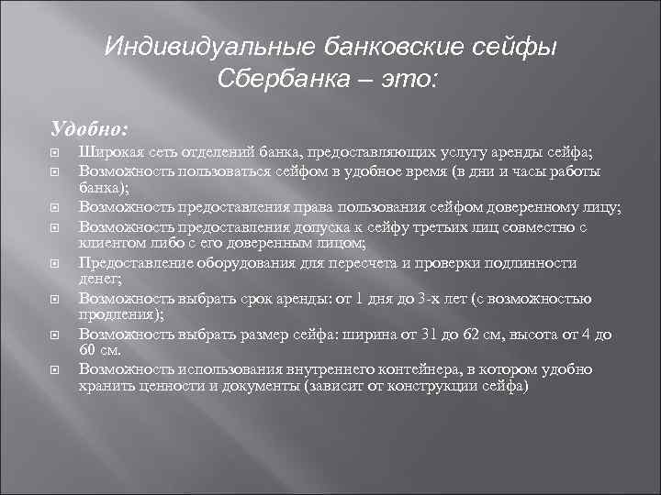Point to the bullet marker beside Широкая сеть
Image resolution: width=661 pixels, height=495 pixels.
point(55,151)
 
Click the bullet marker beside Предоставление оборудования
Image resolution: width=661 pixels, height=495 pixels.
point(55,263)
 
